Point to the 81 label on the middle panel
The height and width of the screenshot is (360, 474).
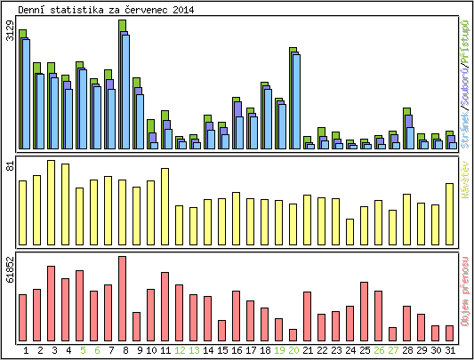[x=10, y=166]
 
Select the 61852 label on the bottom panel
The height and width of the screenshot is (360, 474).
[x=10, y=268]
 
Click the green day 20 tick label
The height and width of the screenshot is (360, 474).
[x=293, y=350]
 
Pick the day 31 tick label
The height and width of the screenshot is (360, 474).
[x=449, y=350]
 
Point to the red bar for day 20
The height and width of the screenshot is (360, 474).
[x=293, y=334]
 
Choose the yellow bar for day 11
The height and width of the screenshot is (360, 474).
[x=165, y=205]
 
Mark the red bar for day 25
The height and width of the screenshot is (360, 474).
[x=364, y=310]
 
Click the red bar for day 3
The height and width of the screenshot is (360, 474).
[x=51, y=302]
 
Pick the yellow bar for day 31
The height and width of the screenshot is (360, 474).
[x=449, y=213]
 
